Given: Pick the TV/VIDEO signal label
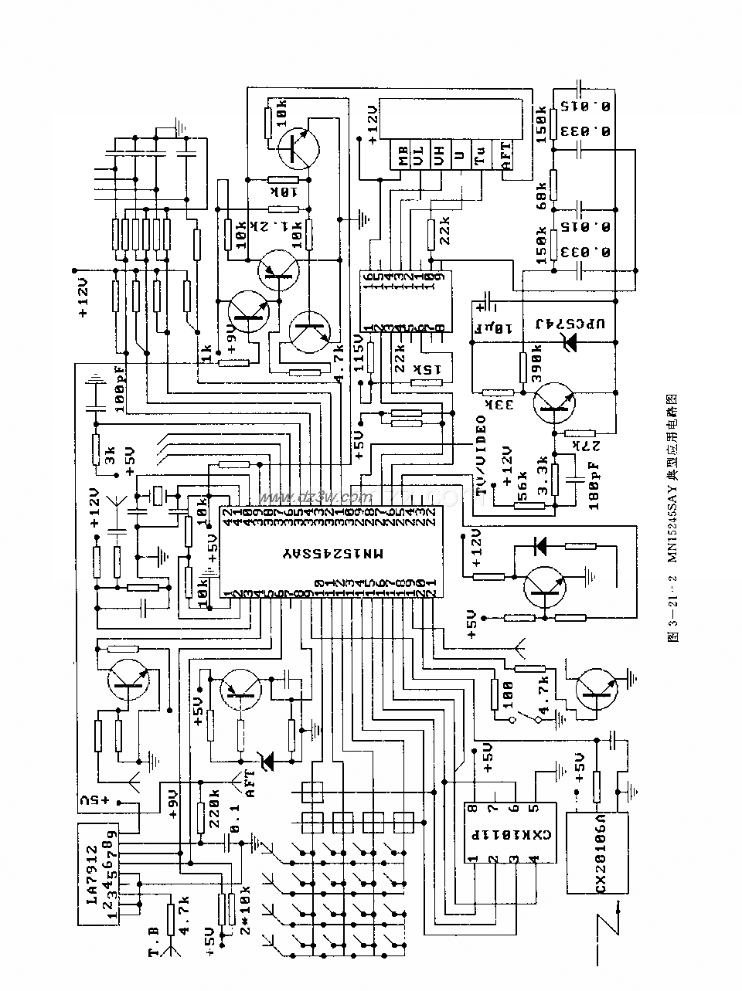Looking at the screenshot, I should pos(482,456).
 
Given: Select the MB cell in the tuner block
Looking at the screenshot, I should pos(403,159).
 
